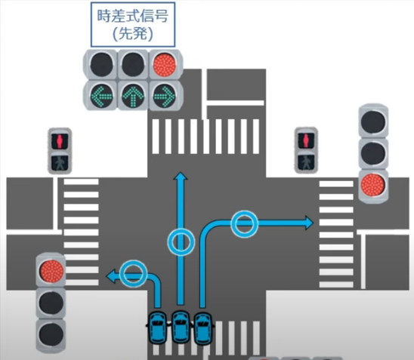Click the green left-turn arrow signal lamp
point(102,96)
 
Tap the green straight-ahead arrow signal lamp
point(133,96)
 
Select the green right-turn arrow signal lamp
point(165,96)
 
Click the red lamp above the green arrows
point(165,65)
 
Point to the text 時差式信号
point(133,16)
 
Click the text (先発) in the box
point(133,34)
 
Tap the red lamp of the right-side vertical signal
point(372,185)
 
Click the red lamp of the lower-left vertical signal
point(51,271)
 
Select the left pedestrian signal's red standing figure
point(60,141)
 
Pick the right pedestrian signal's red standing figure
point(306,140)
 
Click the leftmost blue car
point(157,328)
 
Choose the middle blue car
point(181,327)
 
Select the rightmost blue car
point(203,328)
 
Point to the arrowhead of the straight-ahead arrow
point(181,176)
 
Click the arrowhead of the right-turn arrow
point(309,223)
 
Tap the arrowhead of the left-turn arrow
point(110,276)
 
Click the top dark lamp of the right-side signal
point(372,122)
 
